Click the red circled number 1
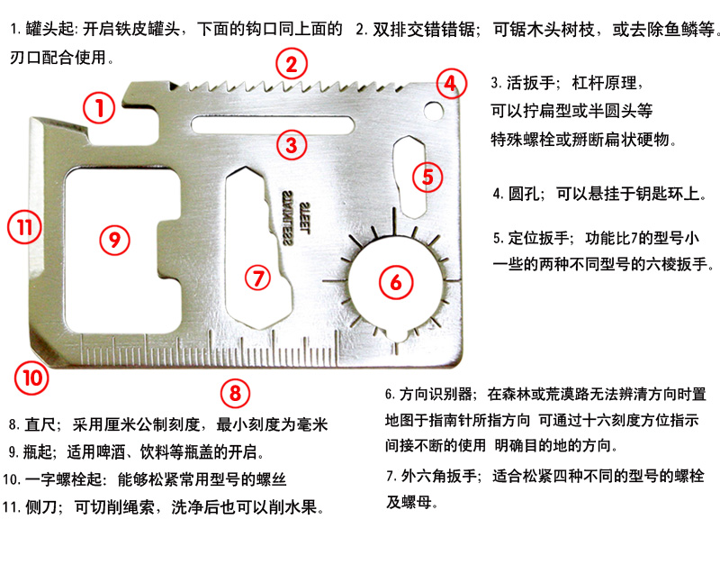[x=99, y=109]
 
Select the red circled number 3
[x=291, y=143]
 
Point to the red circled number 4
[x=449, y=85]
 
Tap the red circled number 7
[x=257, y=278]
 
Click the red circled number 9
[x=112, y=240]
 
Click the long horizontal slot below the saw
[x=270, y=124]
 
